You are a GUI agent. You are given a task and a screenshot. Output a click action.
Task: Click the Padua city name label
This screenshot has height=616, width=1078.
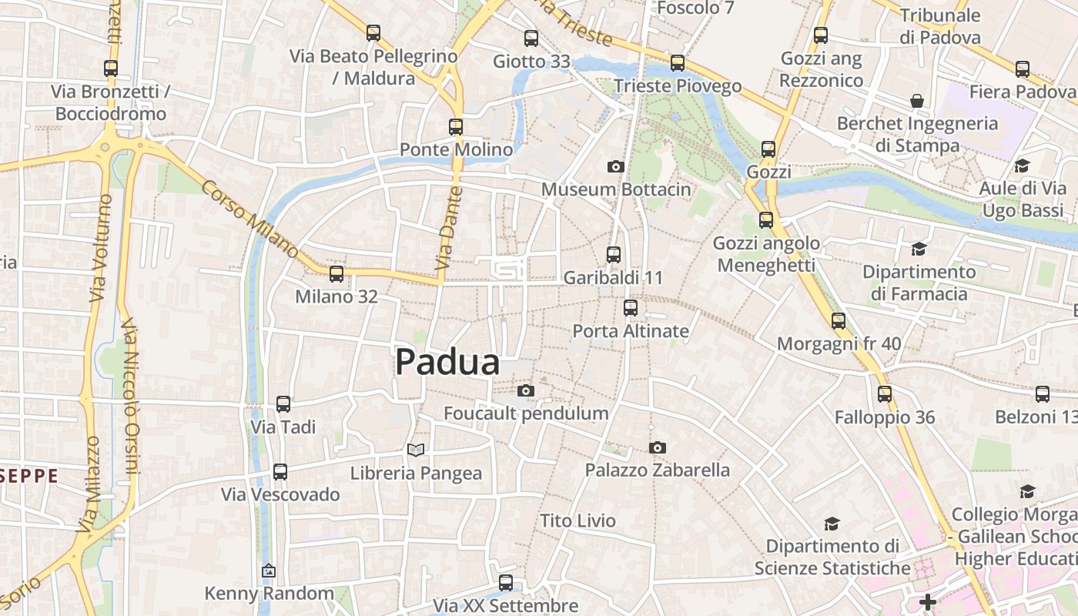click(447, 362)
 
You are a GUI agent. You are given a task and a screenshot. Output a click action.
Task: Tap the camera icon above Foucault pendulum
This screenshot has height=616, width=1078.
click(526, 391)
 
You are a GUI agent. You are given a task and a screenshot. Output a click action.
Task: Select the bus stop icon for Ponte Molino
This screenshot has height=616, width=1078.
click(456, 127)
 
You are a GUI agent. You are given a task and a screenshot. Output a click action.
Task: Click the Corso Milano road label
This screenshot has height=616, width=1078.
click(249, 219)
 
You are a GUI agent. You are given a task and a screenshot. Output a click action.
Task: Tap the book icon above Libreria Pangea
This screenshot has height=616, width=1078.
click(416, 450)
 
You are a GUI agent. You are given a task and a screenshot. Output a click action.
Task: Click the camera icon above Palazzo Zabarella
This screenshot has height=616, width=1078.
click(657, 447)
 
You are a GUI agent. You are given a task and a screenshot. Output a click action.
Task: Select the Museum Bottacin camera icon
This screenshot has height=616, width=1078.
click(615, 166)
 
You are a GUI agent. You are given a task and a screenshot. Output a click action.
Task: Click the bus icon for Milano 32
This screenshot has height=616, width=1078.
click(336, 274)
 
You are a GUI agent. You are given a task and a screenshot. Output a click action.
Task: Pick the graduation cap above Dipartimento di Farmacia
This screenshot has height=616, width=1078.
click(919, 249)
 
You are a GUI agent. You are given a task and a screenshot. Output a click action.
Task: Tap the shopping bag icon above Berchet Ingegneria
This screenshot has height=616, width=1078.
click(917, 101)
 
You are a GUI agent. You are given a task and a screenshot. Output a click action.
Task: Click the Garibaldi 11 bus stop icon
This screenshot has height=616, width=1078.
click(614, 255)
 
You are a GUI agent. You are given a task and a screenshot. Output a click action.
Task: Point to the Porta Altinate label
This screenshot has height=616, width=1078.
click(631, 331)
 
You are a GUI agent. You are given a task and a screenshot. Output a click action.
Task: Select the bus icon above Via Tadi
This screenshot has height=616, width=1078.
click(283, 404)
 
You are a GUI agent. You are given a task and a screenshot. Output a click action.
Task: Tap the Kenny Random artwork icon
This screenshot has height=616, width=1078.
click(269, 571)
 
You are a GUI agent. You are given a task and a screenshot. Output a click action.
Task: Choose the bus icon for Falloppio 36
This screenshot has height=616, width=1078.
click(885, 394)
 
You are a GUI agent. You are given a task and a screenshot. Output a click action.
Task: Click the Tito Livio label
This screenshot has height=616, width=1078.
click(577, 521)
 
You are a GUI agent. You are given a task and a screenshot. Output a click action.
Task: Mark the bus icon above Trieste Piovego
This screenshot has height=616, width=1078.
click(678, 63)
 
